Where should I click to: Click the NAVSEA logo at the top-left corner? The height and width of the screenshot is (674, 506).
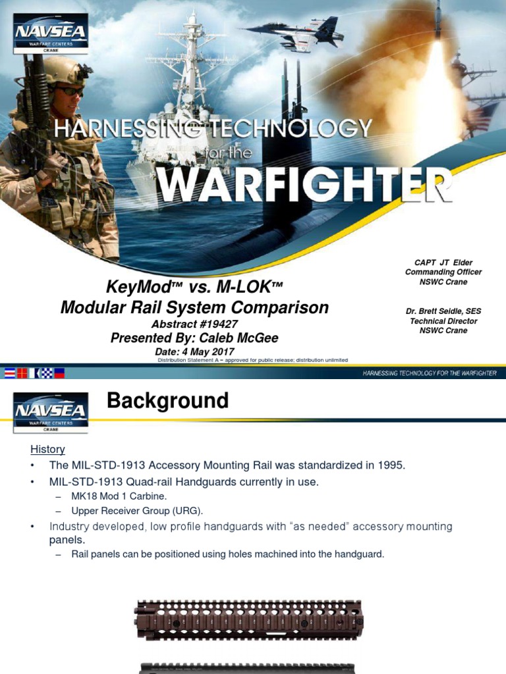coord(50,34)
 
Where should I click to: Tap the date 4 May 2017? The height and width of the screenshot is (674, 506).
coord(206,352)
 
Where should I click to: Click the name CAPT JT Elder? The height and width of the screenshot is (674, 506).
coord(443,263)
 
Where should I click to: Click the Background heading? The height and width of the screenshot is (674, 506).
coord(167,401)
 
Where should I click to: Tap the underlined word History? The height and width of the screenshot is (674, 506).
coord(47,449)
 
